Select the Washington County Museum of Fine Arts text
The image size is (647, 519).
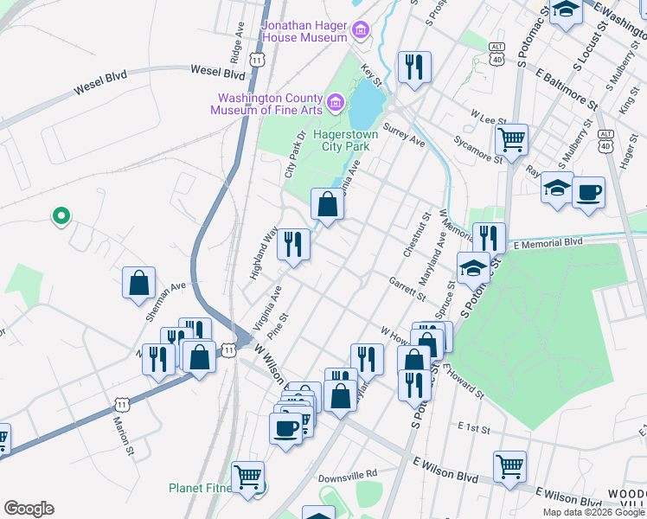tap(270, 103)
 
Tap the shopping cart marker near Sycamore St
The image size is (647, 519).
tap(511, 138)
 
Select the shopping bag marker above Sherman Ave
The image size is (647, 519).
tap(138, 283)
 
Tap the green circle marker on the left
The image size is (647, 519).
tap(61, 215)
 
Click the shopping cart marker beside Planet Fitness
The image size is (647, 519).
tap(248, 477)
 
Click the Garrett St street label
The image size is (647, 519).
tap(407, 288)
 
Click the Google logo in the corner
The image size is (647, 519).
tap(29, 509)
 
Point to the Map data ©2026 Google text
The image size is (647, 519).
tap(593, 512)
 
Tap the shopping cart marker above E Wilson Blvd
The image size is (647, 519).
tap(509, 466)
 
